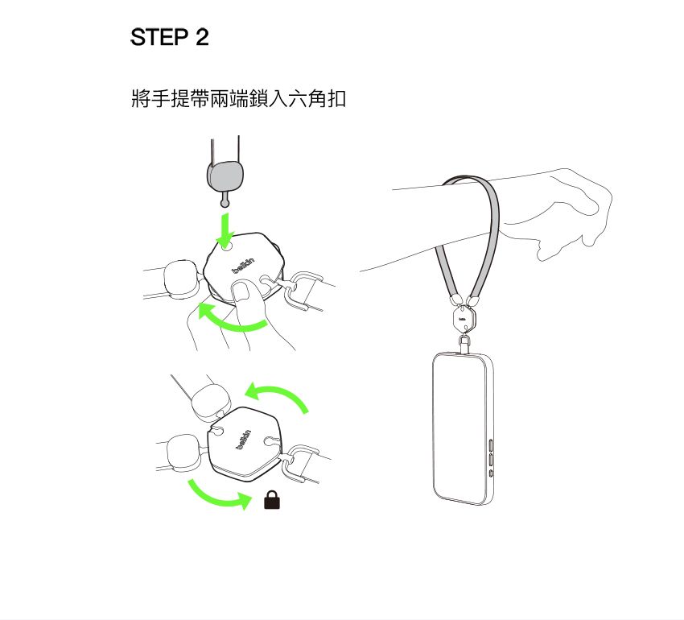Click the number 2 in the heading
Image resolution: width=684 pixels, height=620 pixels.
coord(202,37)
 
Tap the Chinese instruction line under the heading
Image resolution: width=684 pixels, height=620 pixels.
coord(239,98)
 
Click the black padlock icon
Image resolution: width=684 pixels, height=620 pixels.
coord(272,499)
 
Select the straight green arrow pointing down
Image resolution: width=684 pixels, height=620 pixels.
coord(225,230)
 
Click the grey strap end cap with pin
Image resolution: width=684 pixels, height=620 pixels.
coord(225,182)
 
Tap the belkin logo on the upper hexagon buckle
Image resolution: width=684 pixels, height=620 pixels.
coord(243,266)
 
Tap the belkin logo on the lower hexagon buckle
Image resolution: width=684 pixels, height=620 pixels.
coord(244,440)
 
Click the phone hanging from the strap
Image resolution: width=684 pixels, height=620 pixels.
coord(464,428)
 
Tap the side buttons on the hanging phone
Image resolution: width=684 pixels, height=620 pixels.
coord(491,458)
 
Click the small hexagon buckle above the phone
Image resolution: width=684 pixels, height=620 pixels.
coord(464,319)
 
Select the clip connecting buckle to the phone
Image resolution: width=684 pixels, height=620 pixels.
coord(464,344)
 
